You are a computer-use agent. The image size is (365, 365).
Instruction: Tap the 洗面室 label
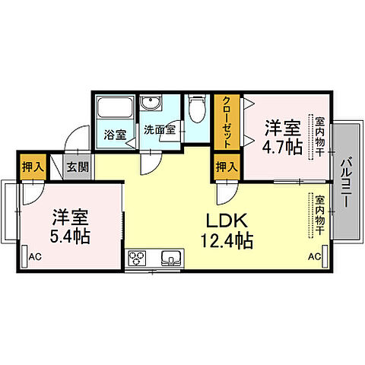pyautogui.click(x=159, y=129)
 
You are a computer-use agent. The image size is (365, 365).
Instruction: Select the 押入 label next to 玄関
pyautogui.click(x=31, y=167)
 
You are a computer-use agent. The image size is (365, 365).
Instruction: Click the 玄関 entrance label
pyautogui.click(x=74, y=167)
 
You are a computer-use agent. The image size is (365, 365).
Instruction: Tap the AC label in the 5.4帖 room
pyautogui.click(x=34, y=258)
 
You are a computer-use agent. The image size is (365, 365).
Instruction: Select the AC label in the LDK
pyautogui.click(x=314, y=258)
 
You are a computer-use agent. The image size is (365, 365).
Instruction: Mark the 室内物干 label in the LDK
pyautogui.click(x=319, y=214)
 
